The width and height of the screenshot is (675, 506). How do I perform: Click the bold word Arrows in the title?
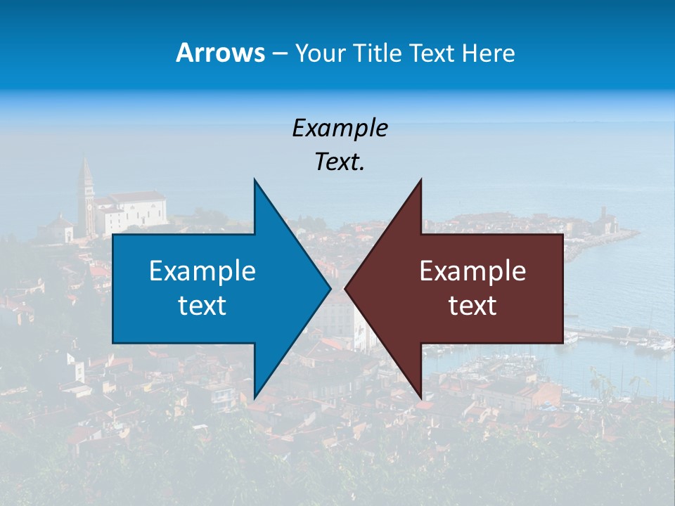221,53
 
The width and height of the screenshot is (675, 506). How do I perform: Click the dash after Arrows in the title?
279,54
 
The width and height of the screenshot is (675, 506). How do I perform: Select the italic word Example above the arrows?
340,128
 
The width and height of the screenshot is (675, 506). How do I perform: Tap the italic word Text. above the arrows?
340,162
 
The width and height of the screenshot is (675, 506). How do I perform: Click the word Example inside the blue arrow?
202,271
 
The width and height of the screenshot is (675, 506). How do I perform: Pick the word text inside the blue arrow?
202,306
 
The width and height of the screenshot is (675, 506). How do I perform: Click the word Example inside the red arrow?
472,271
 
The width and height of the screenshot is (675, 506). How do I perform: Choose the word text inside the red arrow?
472,306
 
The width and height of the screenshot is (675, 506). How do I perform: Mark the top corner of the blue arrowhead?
255,181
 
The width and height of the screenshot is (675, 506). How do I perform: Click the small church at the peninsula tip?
603,221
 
